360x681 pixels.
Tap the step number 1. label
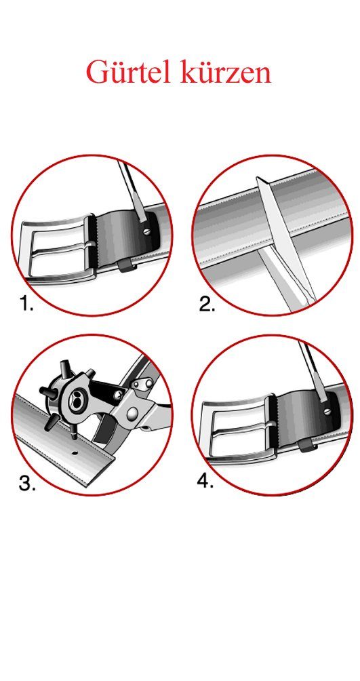[x=26, y=304]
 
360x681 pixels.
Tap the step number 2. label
[x=207, y=305]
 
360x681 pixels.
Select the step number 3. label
[x=27, y=483]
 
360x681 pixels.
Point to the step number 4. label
[x=205, y=481]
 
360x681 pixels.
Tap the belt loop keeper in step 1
[x=126, y=267]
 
